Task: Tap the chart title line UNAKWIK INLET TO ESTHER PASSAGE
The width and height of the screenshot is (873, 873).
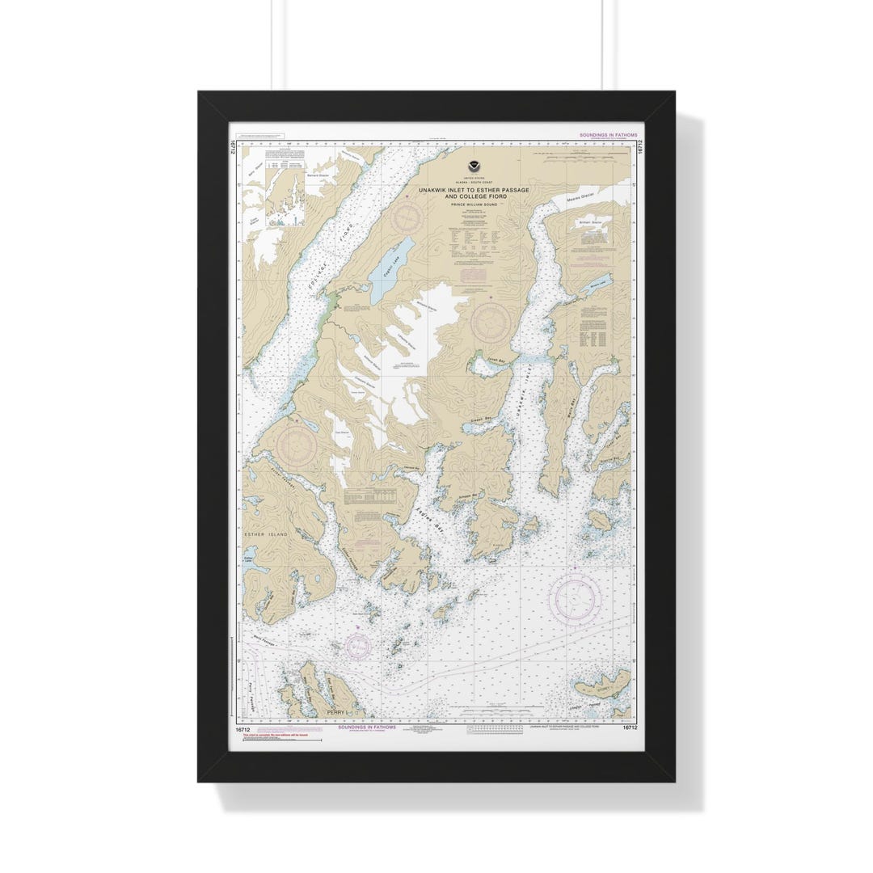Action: (x=473, y=190)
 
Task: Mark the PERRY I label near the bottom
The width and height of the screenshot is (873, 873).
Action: (x=336, y=712)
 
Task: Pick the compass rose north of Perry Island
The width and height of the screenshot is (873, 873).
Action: (x=356, y=644)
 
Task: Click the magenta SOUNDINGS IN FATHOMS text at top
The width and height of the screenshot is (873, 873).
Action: (x=609, y=135)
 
